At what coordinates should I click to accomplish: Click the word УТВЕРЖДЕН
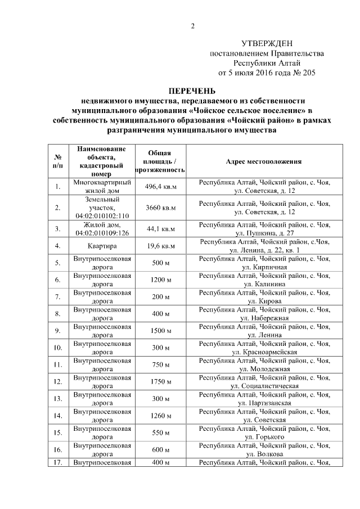(x=267, y=44)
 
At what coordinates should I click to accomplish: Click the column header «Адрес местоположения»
(x=264, y=161)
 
